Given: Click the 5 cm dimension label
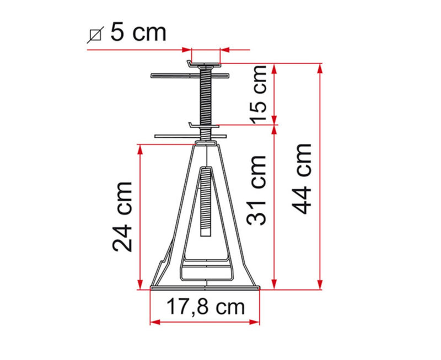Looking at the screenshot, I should [x=138, y=33].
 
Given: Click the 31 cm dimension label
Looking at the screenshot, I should [x=256, y=190].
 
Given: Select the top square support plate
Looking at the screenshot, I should [x=205, y=64].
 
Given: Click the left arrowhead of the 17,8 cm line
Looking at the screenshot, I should [x=154, y=322].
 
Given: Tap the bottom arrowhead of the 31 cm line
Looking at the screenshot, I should [x=275, y=285].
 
